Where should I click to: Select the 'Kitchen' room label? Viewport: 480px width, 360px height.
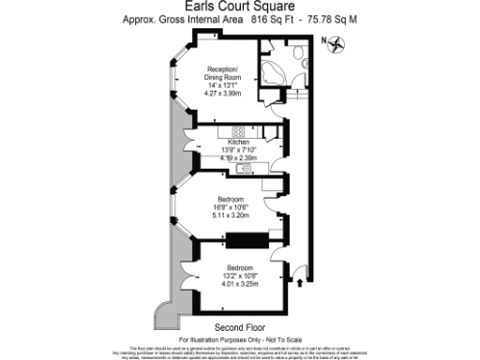pyautogui.click(x=238, y=142)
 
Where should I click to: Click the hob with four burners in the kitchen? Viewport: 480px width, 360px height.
pyautogui.click(x=238, y=131)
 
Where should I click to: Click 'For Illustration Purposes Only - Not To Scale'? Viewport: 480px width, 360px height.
pyautogui.click(x=240, y=337)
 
